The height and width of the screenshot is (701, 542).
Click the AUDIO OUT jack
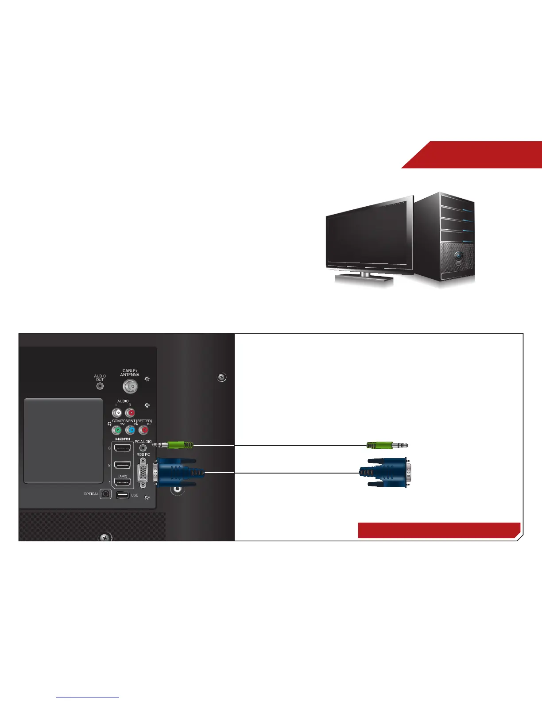[100, 385]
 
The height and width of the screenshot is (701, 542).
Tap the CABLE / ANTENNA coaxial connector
[130, 387]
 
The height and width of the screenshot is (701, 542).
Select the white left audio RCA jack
[117, 413]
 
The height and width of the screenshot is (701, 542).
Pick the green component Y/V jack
[117, 430]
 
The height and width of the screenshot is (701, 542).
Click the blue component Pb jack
[131, 430]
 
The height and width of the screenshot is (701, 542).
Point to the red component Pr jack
[144, 430]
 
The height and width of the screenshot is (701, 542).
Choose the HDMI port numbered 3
[123, 448]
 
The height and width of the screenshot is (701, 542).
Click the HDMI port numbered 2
[123, 466]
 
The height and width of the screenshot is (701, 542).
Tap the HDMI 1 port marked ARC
[123, 482]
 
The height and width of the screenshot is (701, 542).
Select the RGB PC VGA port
[143, 473]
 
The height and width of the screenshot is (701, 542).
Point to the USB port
[123, 495]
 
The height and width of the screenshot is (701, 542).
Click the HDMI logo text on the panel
[123, 439]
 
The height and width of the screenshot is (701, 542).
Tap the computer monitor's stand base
[364, 278]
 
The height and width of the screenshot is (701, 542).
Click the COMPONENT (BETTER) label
[132, 421]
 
